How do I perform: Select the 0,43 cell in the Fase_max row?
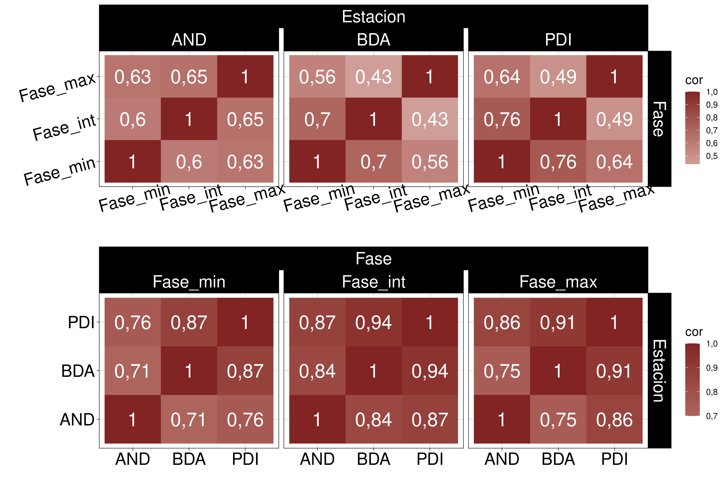pos(373,77)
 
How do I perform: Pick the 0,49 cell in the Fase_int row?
pos(614,119)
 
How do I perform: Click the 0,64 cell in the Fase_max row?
pos(502,77)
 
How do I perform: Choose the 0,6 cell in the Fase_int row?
pos(133,119)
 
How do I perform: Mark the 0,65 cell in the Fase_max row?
pos(189,77)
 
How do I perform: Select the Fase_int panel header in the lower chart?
pos(373,282)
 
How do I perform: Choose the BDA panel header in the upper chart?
pos(373,40)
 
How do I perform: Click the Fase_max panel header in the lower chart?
pos(558,282)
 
